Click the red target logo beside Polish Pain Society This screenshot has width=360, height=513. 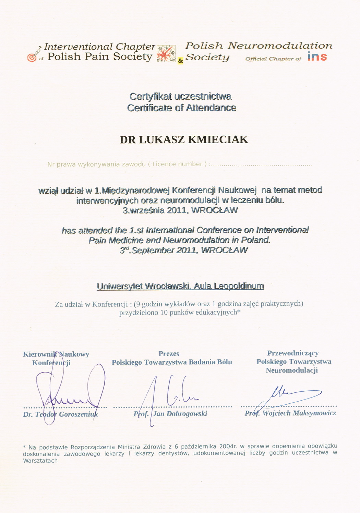click(32, 57)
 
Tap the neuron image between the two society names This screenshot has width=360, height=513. click(166, 53)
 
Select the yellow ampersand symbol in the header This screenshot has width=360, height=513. click(180, 61)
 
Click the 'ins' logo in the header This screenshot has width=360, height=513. click(317, 57)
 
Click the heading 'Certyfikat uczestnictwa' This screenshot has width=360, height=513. click(180, 96)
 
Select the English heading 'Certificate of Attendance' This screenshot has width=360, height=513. click(182, 108)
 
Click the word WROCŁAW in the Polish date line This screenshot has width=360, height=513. click(214, 210)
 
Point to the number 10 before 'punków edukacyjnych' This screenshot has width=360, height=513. click(164, 312)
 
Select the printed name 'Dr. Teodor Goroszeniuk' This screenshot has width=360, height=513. click(60, 414)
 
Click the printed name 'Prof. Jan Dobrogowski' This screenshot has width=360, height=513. click(170, 414)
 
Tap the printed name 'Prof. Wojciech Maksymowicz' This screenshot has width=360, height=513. click(290, 413)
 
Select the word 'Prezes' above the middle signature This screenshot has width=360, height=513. click(169, 354)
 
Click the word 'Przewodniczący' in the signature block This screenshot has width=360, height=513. click(293, 353)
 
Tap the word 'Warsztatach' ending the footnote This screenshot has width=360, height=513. click(40, 461)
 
